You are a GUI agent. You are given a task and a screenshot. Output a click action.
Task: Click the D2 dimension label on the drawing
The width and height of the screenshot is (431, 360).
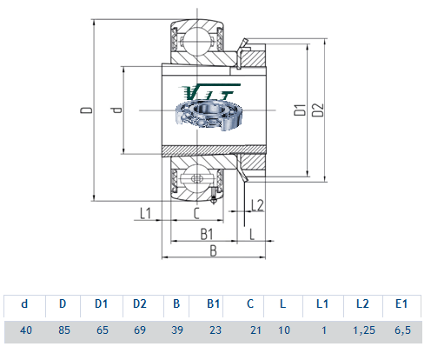point(318,110)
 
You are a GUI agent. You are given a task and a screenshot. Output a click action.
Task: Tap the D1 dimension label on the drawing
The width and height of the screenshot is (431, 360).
point(300,110)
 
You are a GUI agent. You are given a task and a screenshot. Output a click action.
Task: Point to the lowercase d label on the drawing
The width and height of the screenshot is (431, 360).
point(116,110)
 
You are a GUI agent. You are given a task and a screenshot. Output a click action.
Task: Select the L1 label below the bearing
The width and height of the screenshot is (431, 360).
point(145,214)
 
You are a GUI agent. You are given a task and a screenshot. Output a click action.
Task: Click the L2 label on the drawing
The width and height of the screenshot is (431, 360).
point(257,205)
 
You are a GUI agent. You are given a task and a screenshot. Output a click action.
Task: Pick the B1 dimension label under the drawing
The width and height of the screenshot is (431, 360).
point(207,234)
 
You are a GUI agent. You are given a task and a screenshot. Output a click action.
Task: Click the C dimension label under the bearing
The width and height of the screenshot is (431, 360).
point(196,214)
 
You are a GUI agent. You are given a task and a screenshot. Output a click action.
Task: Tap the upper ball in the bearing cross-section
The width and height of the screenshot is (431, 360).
point(197,42)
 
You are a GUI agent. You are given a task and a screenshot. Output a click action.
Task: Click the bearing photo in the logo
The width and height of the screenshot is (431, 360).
point(209,114)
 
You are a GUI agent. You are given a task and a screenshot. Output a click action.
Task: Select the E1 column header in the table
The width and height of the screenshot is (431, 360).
point(401,303)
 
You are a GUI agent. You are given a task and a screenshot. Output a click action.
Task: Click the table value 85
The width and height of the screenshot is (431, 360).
point(64,330)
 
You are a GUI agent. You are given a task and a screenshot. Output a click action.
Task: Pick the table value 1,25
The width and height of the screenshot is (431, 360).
point(364,330)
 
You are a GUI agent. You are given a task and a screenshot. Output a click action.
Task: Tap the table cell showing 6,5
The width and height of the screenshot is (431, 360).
point(402,330)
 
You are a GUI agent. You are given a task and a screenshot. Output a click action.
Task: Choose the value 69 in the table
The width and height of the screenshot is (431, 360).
point(140,330)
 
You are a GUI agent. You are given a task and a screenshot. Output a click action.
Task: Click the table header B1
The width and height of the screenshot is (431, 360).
point(213,303)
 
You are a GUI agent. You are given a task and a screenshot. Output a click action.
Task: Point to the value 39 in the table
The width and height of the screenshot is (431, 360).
point(177,330)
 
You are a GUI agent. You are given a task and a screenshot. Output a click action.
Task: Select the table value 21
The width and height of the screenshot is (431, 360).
point(255,330)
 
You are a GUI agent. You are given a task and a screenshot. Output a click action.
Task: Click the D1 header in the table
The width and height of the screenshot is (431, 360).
point(102,303)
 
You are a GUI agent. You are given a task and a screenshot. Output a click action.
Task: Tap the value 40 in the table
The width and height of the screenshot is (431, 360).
point(26,330)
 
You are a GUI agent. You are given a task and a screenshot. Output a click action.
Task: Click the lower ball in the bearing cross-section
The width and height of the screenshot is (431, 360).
point(197,179)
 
